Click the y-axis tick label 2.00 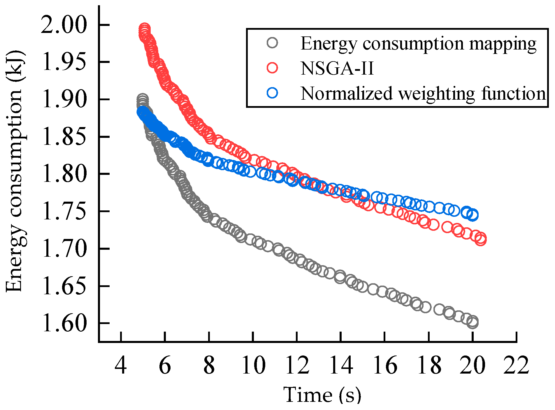[64, 25]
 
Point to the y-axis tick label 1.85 [64, 137]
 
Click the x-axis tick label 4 [121, 365]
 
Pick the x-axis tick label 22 [516, 365]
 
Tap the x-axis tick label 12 [297, 365]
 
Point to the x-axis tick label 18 [429, 365]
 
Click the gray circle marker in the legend [272, 43]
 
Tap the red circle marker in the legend [272, 68]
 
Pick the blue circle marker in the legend [272, 93]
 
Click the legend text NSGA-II [337, 68]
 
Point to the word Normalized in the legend [347, 94]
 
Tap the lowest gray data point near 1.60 [473, 323]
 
